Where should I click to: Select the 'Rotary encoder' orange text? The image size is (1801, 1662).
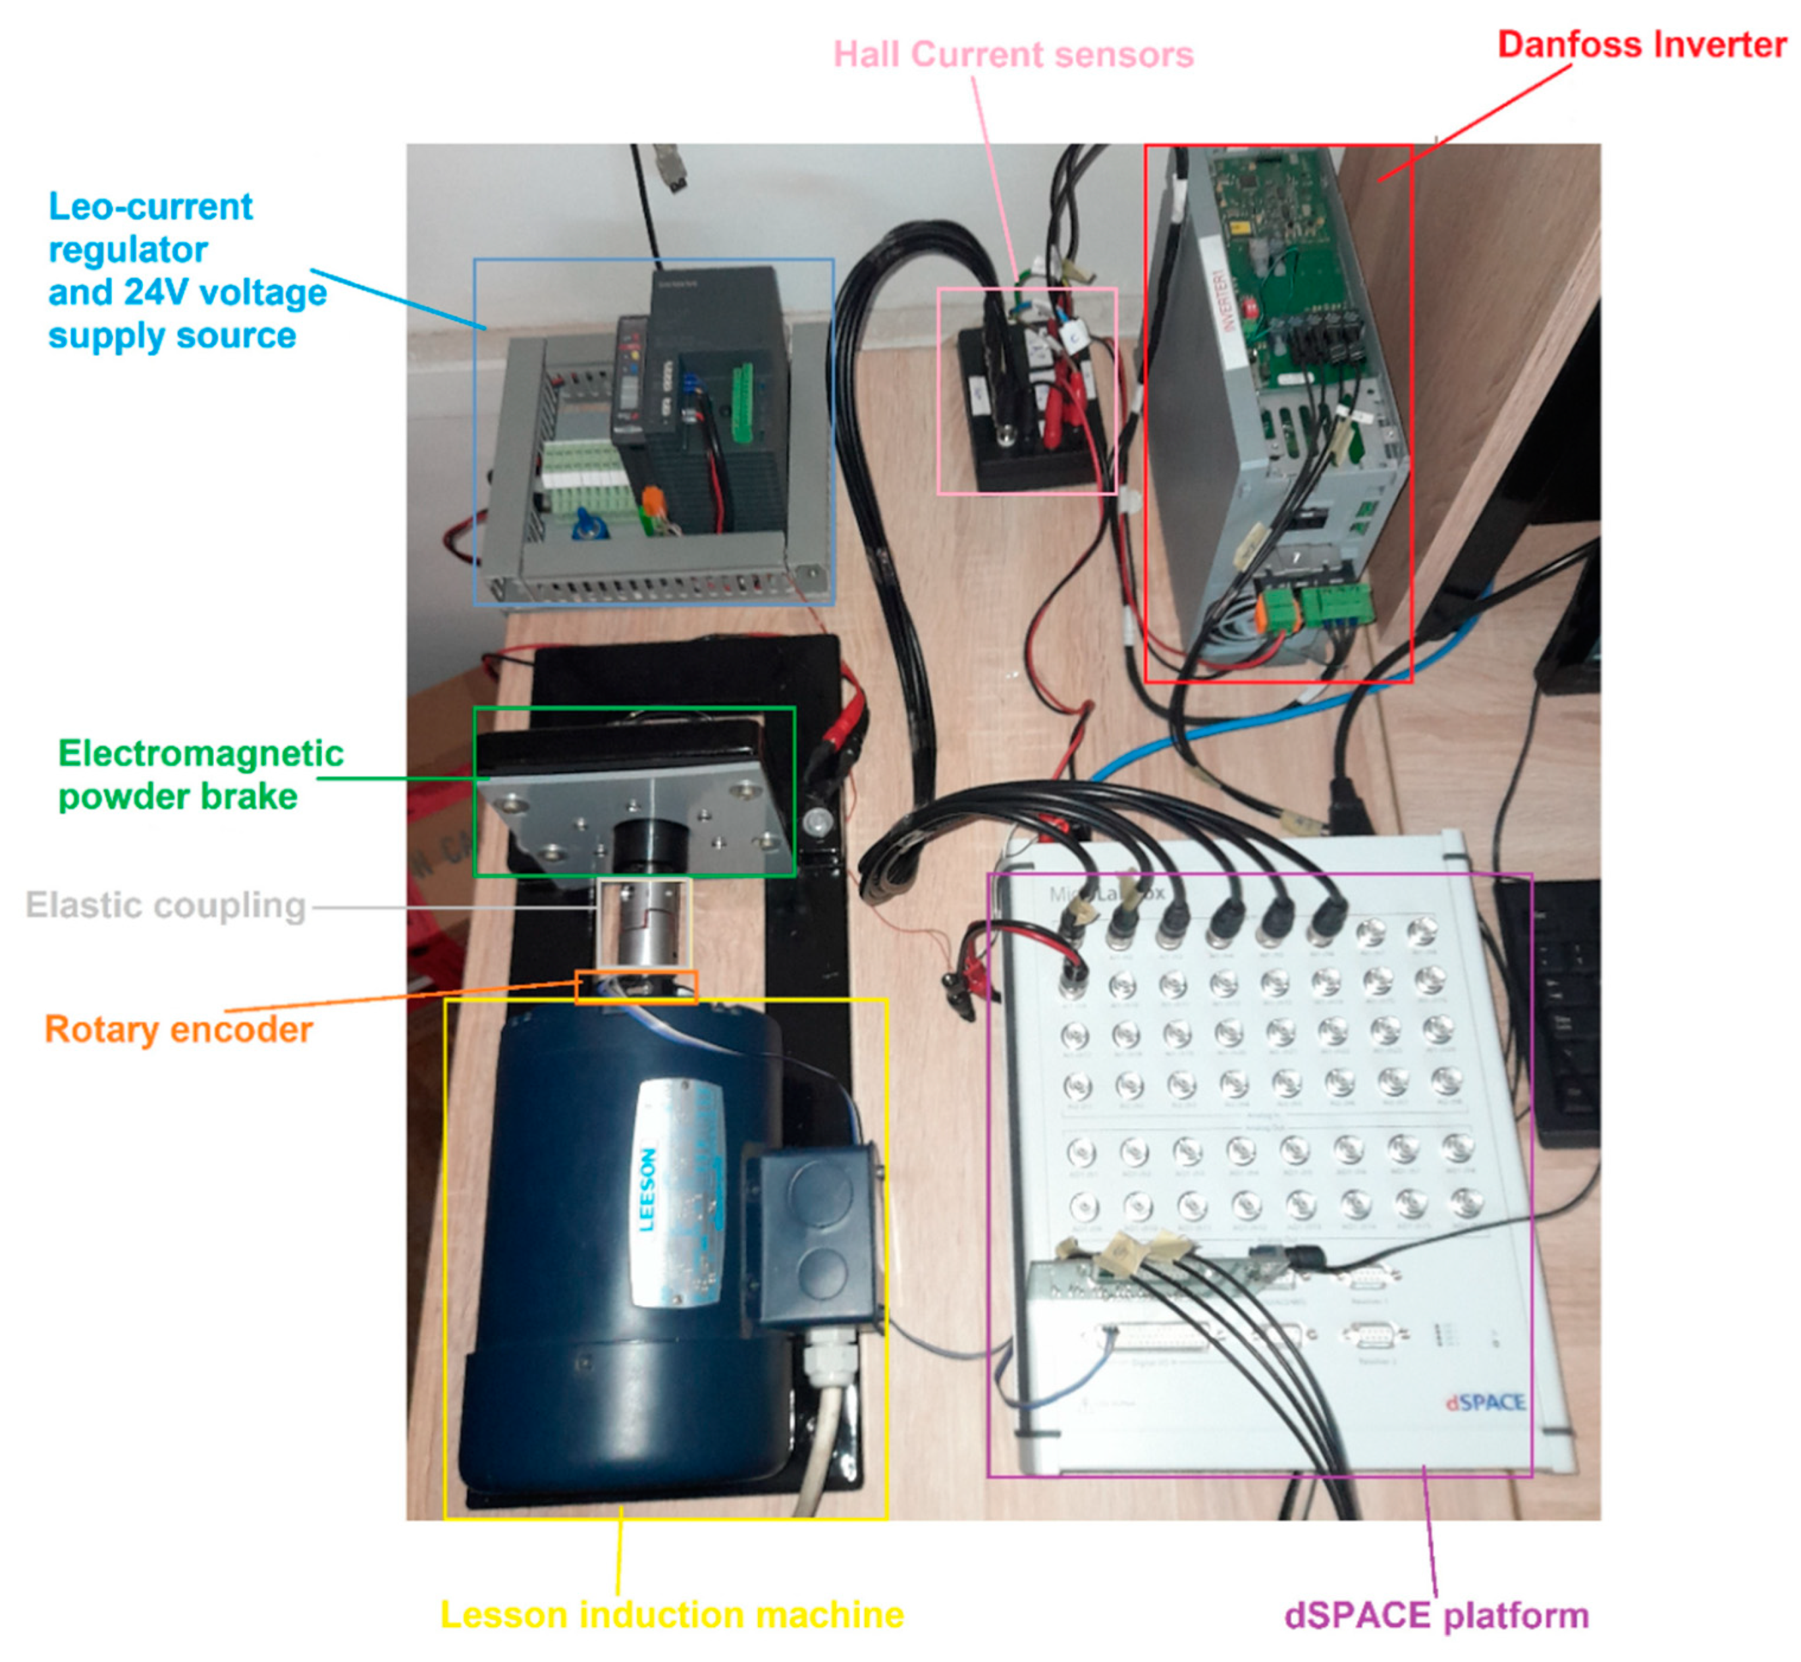[178, 1030]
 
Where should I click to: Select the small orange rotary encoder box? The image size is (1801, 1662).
[635, 986]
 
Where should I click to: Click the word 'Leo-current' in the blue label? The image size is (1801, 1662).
[150, 207]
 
